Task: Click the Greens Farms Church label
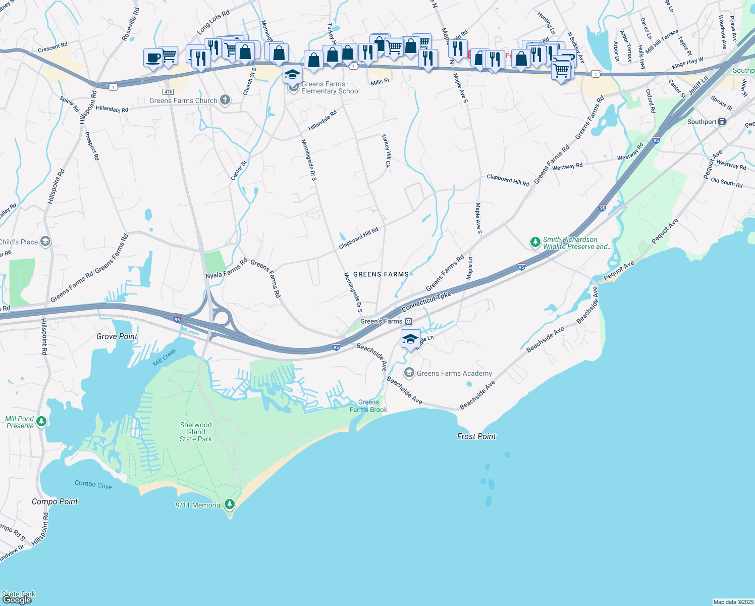[x=183, y=101]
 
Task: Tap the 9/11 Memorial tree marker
[x=230, y=504]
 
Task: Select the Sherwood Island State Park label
[x=196, y=432]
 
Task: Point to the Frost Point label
[x=476, y=436]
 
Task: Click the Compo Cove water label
[x=93, y=484]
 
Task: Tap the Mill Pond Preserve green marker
[x=41, y=421]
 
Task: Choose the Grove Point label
[x=117, y=336]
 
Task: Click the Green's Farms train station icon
[x=409, y=321]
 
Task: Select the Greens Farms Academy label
[x=454, y=373]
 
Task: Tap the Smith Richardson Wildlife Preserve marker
[x=535, y=242]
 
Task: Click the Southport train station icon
[x=722, y=122]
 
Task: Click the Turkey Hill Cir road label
[x=386, y=150]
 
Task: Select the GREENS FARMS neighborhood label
[x=381, y=274]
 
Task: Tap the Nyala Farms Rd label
[x=227, y=269]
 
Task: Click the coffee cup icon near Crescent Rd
[x=153, y=58]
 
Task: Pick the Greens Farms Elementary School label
[x=331, y=88]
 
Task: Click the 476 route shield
[x=168, y=92]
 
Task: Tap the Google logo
[x=17, y=600]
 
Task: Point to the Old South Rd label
[x=726, y=182]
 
